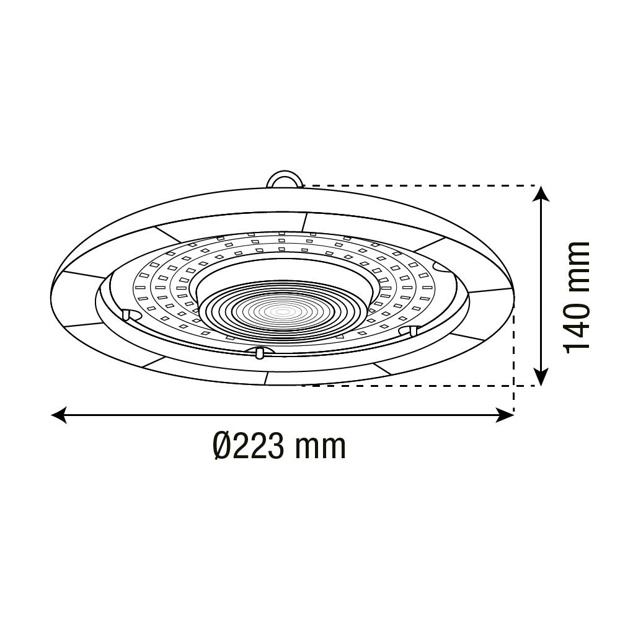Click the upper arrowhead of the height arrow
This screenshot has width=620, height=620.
pos(542,193)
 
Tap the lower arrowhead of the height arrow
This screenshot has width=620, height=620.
pos(542,377)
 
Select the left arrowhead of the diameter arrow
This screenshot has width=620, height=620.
pos(59,415)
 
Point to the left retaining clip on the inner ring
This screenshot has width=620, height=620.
pos(127,314)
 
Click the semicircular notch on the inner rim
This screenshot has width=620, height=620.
pos(442,267)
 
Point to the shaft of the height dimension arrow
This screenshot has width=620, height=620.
pos(542,285)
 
